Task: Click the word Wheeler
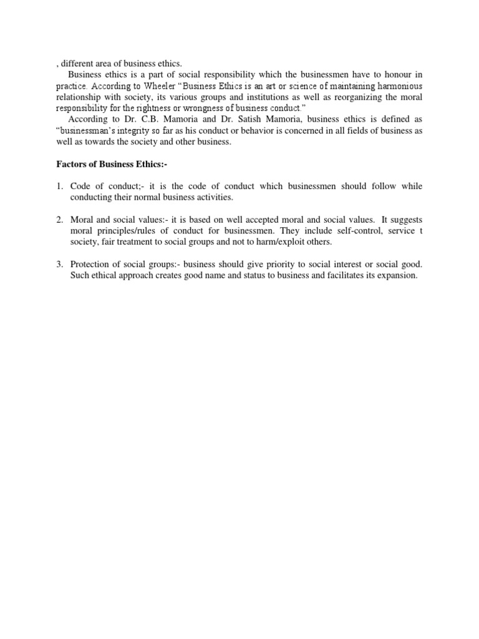[x=149, y=85]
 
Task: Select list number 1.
[x=59, y=187]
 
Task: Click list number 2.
[x=59, y=220]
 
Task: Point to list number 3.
[x=59, y=265]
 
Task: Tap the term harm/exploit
[x=293, y=243]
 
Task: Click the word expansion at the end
[x=394, y=276]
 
